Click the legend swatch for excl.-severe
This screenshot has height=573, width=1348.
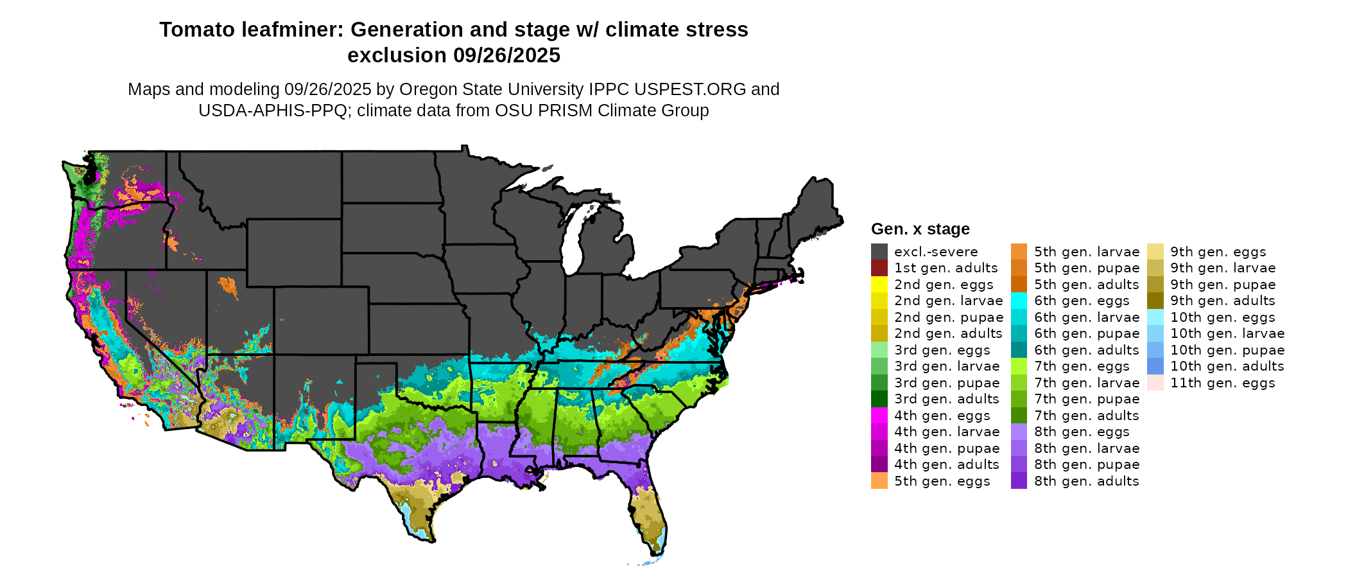pos(879,251)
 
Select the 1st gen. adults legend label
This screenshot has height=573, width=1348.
pos(946,268)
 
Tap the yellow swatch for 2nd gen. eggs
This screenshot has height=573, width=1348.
pos(879,284)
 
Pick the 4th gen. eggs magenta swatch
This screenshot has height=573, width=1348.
pos(879,415)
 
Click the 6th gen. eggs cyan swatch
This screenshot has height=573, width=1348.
pos(1019,301)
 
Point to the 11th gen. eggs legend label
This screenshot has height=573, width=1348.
pos(1222,383)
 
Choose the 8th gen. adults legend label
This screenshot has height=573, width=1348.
pos(1086,481)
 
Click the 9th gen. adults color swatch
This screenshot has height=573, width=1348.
pos(1155,301)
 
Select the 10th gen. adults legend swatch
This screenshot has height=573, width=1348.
pos(1155,366)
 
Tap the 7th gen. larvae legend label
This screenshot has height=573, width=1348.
pos(1086,383)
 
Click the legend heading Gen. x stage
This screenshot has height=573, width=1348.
pos(920,229)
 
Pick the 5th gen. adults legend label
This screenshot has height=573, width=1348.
pos(1086,284)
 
